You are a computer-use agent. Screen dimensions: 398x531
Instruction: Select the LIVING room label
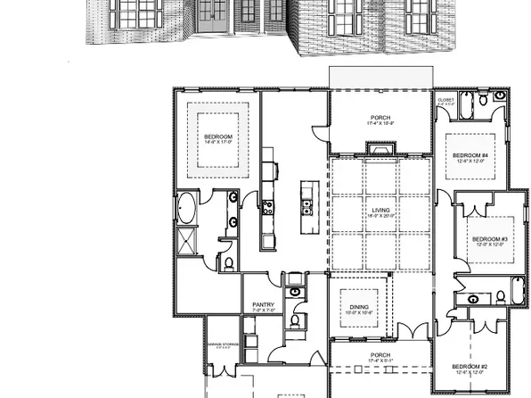coord(381,212)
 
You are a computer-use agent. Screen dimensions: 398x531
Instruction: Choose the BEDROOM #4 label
coord(469,157)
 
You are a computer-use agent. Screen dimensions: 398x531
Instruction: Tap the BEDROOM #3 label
coord(489,241)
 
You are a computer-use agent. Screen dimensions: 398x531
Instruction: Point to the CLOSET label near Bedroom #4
coord(445,101)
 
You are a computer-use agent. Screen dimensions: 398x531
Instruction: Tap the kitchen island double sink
coord(306,210)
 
